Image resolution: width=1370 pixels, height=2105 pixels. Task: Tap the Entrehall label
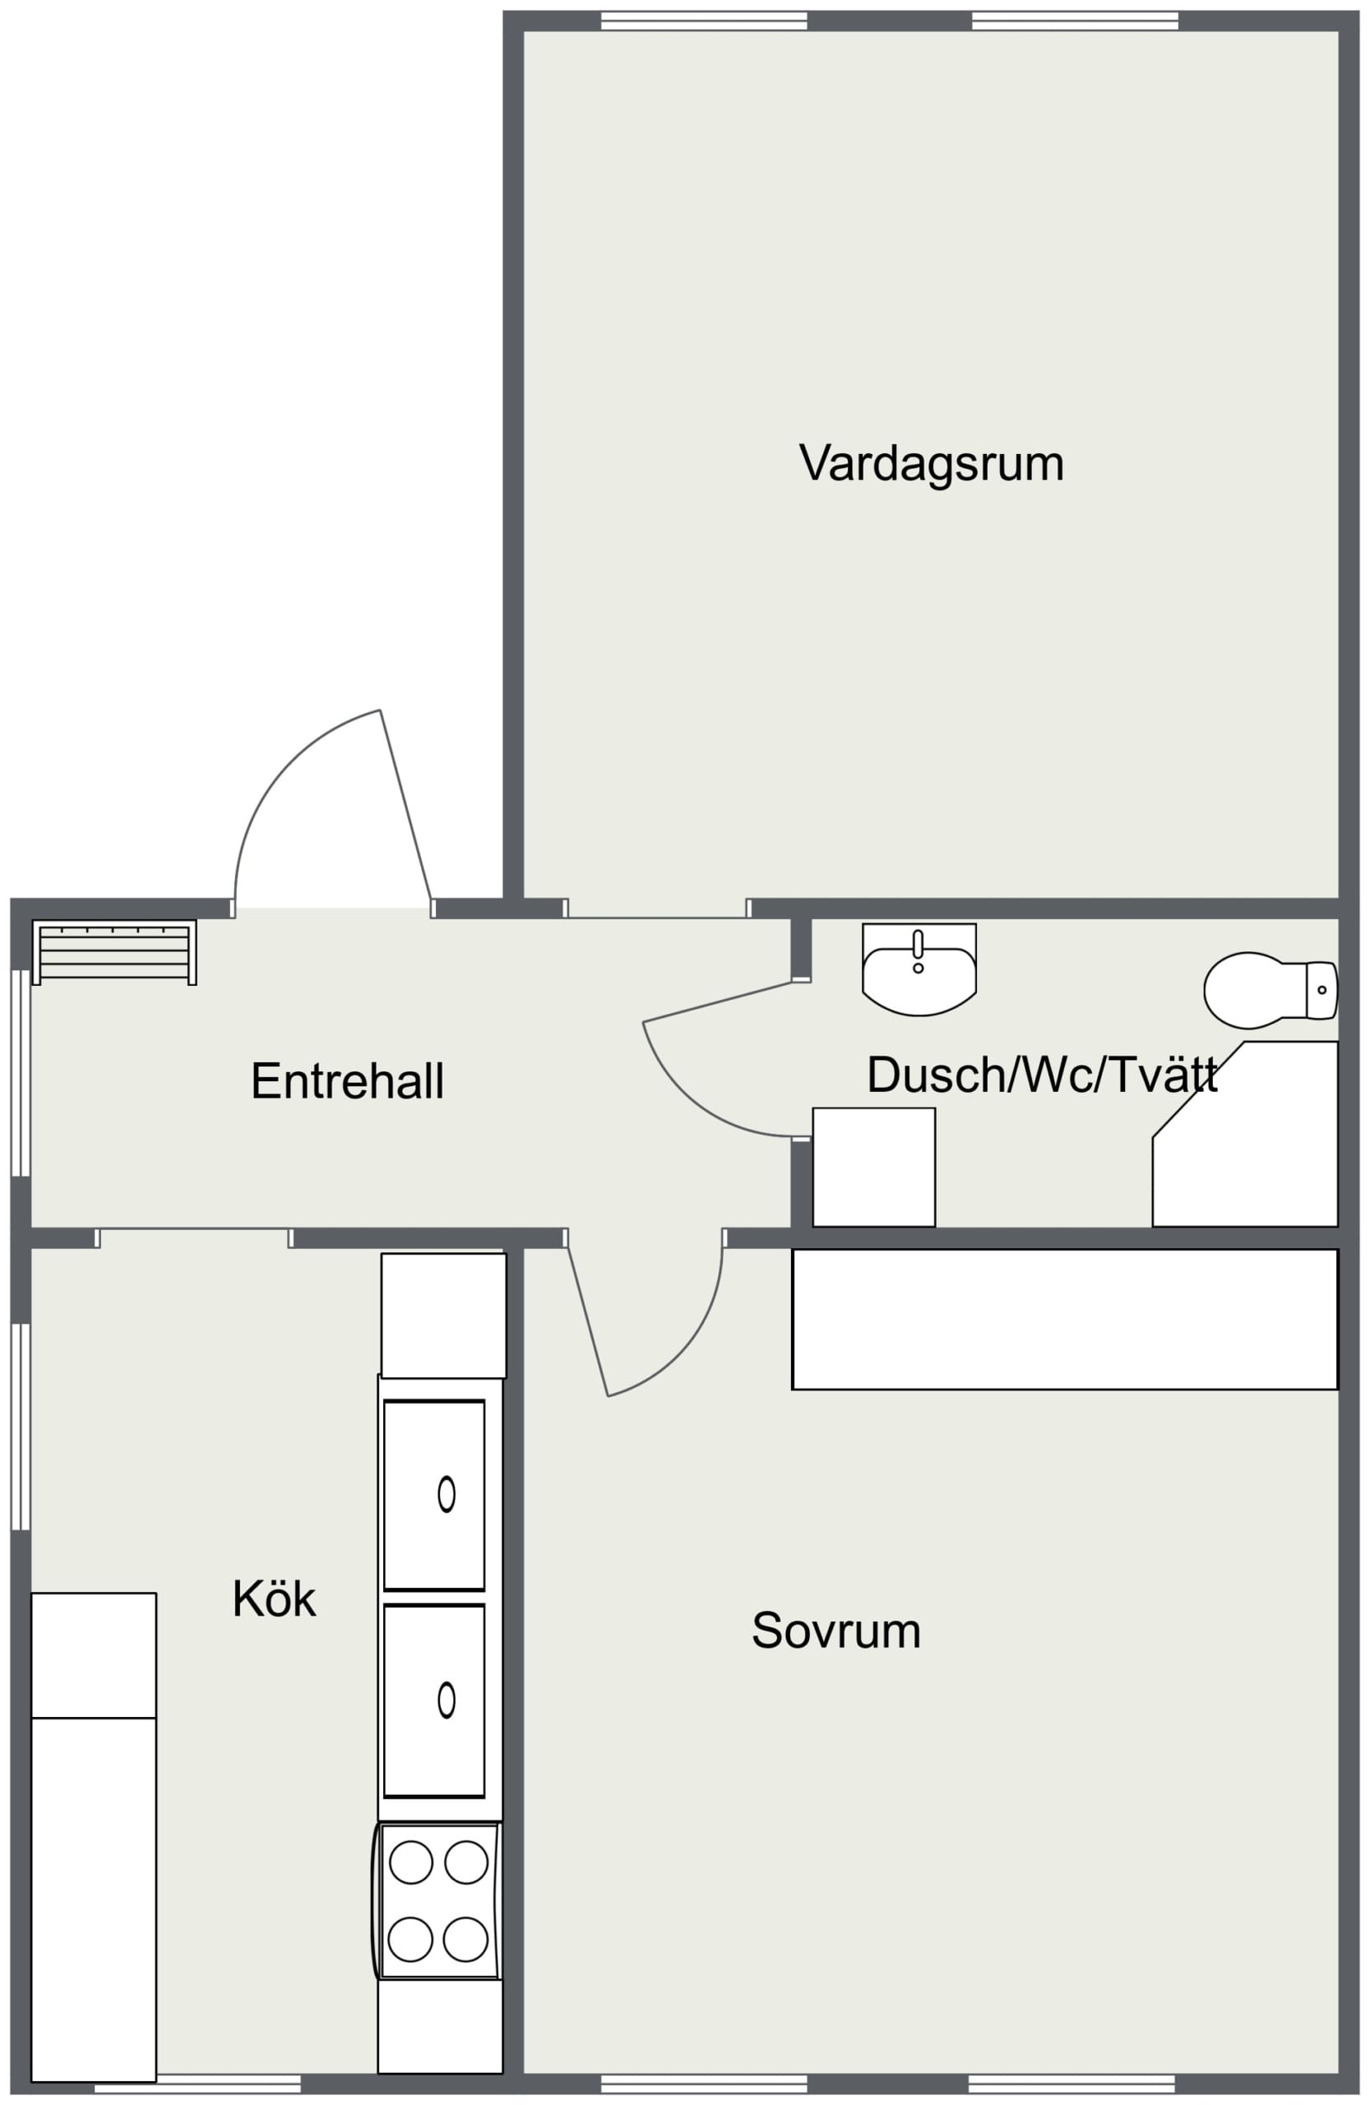tap(347, 1080)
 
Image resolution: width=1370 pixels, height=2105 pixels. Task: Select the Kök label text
tap(273, 1599)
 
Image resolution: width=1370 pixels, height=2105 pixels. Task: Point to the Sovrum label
tap(835, 1630)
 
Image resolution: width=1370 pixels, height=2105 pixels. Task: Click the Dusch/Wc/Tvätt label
tap(1042, 1075)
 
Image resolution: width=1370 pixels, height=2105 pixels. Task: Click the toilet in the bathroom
tap(1270, 991)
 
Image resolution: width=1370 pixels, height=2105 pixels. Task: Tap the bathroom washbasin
tap(919, 969)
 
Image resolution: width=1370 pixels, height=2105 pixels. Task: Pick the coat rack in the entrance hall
tap(114, 952)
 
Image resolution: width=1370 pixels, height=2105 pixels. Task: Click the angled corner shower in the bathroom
tap(1244, 1134)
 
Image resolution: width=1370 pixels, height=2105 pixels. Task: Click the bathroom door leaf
tap(716, 1002)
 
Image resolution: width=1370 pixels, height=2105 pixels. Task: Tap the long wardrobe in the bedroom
tap(1065, 1319)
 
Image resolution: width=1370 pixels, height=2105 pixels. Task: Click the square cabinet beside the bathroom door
tap(874, 1168)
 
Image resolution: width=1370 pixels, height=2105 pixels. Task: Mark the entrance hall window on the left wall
tap(21, 1073)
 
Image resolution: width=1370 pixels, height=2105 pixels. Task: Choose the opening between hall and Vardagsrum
tap(656, 909)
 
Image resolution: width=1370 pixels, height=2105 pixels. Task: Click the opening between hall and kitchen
tap(194, 1238)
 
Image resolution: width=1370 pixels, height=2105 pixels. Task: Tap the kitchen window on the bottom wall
tap(197, 2082)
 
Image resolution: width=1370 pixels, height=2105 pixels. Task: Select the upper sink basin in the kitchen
tap(434, 1495)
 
